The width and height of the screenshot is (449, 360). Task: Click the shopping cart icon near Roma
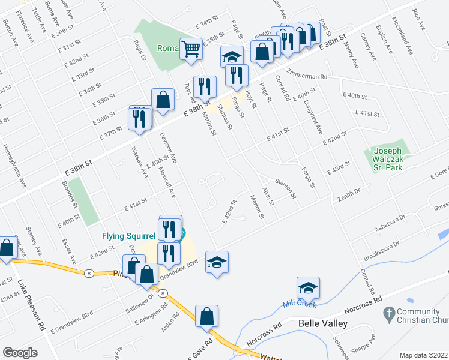click(x=191, y=49)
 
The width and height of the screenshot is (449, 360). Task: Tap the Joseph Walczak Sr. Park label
click(x=387, y=158)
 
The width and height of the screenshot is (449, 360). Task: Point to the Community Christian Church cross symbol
click(x=388, y=313)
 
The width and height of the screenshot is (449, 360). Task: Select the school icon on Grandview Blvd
click(x=217, y=262)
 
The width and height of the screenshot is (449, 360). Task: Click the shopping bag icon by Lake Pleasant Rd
click(x=7, y=248)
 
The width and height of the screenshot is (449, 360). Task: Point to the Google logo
click(x=20, y=353)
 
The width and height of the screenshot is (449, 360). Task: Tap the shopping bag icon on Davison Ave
click(x=163, y=100)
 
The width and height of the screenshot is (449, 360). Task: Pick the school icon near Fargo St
click(x=232, y=57)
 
